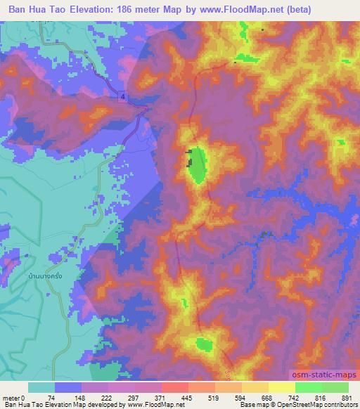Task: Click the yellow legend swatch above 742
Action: pos(282,387)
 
